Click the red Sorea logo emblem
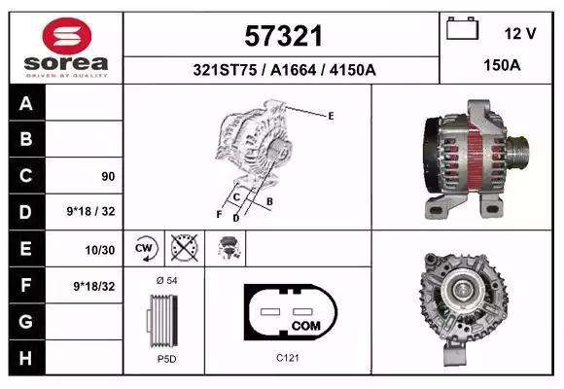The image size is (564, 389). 67,36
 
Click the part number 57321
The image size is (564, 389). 283,36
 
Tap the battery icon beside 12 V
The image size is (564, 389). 462,28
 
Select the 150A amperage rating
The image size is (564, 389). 502,65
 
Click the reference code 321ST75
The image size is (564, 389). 225,70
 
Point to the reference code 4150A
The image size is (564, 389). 352,70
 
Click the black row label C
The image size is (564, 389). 26,176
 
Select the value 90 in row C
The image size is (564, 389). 108,176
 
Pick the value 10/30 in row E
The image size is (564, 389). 100,250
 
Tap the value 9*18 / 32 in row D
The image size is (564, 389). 90,211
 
